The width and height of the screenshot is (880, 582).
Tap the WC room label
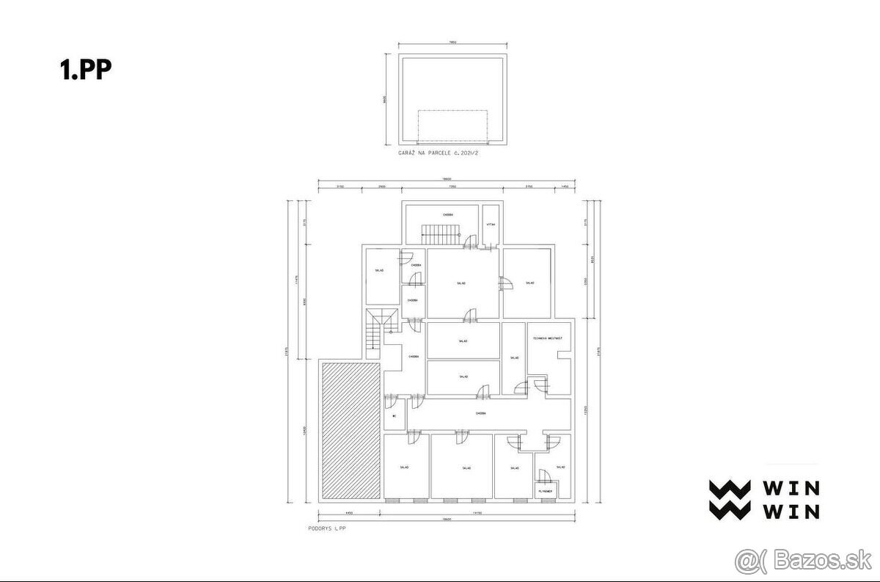pos(394,416)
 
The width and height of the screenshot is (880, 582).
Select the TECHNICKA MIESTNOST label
pos(547,338)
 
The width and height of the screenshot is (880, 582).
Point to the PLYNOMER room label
pos(545,490)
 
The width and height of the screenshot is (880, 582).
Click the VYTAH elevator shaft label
pos(490,225)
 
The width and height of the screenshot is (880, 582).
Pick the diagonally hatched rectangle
pos(350,431)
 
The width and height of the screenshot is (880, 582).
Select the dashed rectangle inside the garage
pos(452,126)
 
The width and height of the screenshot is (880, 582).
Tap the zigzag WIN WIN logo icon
pos(729,500)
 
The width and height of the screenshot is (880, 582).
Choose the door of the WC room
pos(388,401)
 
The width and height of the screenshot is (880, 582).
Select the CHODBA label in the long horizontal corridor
pos(480,413)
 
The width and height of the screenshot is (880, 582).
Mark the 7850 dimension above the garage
pos(452,43)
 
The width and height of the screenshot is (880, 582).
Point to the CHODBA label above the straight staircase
pos(447,214)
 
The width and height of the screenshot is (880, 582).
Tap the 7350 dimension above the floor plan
pos(452,187)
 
